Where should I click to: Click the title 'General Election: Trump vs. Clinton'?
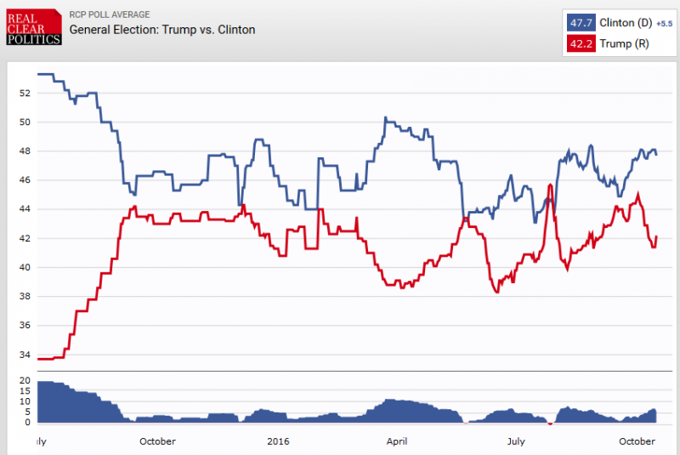(x=161, y=30)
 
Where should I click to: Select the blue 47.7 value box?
(x=581, y=23)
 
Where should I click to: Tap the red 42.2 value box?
(x=581, y=43)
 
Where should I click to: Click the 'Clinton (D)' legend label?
(x=626, y=23)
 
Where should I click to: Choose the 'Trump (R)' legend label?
(x=622, y=43)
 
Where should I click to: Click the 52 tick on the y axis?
(x=25, y=93)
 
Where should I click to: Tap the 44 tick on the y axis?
(x=25, y=209)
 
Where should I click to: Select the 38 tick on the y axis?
(x=25, y=297)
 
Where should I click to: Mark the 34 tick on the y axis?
(x=25, y=355)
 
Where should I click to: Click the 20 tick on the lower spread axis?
(x=25, y=381)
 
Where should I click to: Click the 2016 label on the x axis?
(x=279, y=441)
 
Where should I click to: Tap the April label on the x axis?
(x=396, y=441)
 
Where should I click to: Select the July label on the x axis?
(x=515, y=441)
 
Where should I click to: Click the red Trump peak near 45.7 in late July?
(x=551, y=185)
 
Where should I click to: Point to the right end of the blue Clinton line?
(x=656, y=154)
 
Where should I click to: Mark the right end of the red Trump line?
(x=657, y=236)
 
